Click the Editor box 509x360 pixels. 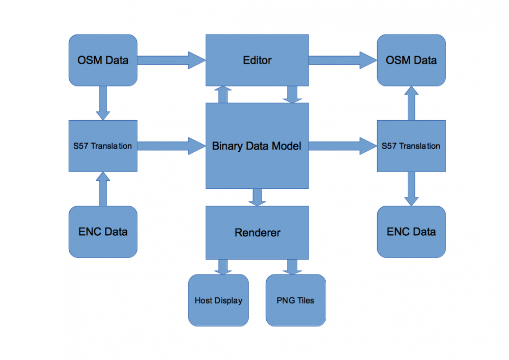[257, 60]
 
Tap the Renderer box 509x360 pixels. [257, 233]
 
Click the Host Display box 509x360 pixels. [218, 300]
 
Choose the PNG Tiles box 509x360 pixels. [296, 300]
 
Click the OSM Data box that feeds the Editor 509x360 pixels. [103, 60]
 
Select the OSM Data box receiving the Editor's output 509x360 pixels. [411, 60]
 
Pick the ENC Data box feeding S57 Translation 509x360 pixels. [103, 232]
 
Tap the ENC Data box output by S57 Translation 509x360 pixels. [411, 232]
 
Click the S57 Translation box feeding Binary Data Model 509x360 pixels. [103, 146]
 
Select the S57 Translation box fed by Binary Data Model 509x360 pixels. [411, 146]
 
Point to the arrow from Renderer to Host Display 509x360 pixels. [222, 266]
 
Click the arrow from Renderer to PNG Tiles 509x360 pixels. [292, 266]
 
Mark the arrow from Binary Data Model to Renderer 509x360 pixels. [257, 197]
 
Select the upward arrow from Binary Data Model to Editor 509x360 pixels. [222, 94]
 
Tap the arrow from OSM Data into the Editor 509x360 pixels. [171, 60]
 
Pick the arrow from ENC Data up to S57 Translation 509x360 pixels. [103, 189]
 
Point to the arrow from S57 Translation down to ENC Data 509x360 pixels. [411, 189]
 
